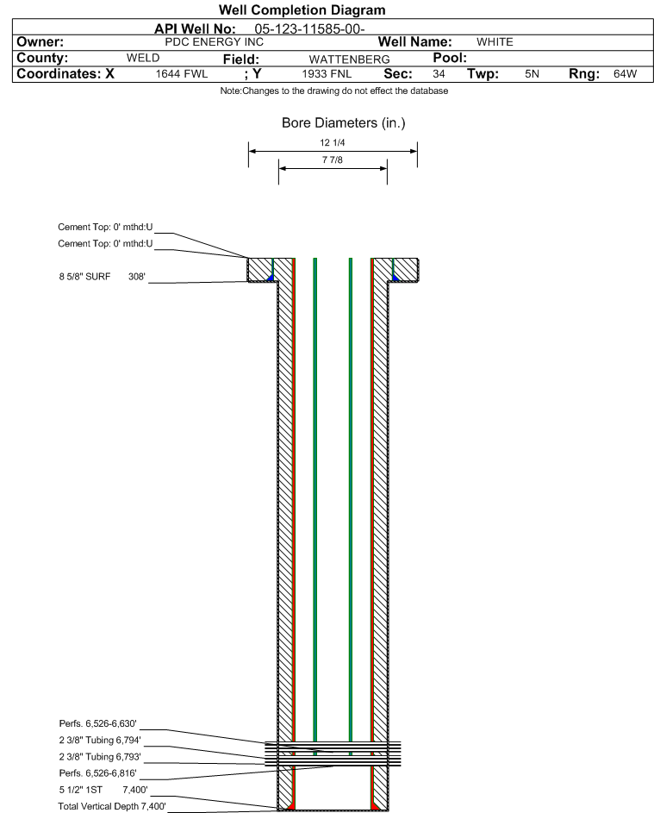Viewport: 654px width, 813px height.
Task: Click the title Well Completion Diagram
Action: pyautogui.click(x=302, y=9)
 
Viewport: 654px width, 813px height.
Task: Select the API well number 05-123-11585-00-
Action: pyautogui.click(x=309, y=29)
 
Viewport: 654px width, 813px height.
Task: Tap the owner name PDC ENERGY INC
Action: pyautogui.click(x=214, y=42)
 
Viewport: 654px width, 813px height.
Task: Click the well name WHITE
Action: pyautogui.click(x=495, y=42)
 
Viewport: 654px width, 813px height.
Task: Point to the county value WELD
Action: pyautogui.click(x=143, y=58)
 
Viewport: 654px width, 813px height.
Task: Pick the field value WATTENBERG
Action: pyautogui.click(x=349, y=59)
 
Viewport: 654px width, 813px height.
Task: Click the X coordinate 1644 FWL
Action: pyautogui.click(x=181, y=73)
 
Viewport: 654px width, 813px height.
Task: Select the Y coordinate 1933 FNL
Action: pyautogui.click(x=327, y=73)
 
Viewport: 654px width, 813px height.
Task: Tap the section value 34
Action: pyautogui.click(x=439, y=73)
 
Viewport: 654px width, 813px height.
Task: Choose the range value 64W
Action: pyautogui.click(x=625, y=73)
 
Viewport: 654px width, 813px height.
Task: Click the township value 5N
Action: pyautogui.click(x=532, y=73)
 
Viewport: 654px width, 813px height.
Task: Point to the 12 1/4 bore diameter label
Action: pyautogui.click(x=333, y=142)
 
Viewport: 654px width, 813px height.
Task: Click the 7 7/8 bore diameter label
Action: pyautogui.click(x=333, y=159)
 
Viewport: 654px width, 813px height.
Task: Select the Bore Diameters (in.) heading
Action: pyautogui.click(x=344, y=123)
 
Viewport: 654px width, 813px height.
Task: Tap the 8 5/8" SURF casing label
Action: pyautogui.click(x=84, y=277)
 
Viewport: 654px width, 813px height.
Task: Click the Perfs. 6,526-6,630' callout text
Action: pyautogui.click(x=98, y=723)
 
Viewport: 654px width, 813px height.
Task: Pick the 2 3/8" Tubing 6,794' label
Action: pyautogui.click(x=100, y=740)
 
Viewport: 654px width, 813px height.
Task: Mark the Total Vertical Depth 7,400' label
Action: pyautogui.click(x=112, y=806)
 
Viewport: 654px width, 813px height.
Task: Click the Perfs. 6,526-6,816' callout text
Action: pyautogui.click(x=98, y=773)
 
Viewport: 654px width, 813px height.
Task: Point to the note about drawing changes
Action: pyautogui.click(x=333, y=91)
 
